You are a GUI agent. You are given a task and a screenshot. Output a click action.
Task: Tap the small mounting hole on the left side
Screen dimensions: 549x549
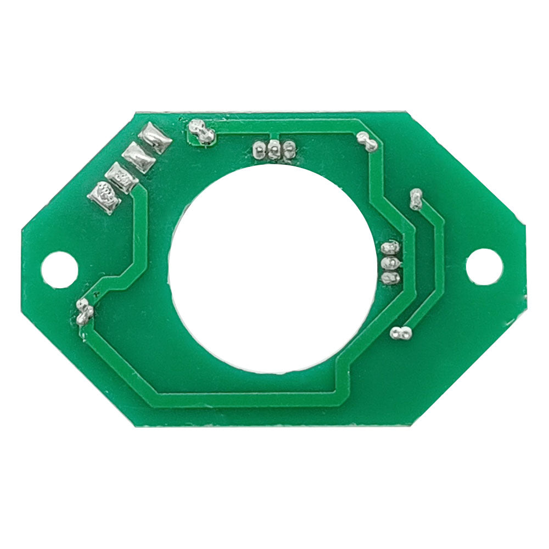click(59, 269)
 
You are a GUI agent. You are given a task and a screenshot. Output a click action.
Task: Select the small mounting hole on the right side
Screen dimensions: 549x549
click(484, 267)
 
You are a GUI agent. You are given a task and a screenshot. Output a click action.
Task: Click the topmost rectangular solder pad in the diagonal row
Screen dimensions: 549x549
click(155, 137)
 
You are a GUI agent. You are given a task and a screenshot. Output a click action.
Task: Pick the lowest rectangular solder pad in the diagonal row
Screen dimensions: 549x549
click(104, 196)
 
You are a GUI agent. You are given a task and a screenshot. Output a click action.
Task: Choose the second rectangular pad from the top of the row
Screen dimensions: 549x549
click(138, 157)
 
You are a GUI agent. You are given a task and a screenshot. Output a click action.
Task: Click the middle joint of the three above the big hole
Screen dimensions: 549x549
click(273, 148)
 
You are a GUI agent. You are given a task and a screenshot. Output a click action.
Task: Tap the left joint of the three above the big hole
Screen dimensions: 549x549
click(260, 148)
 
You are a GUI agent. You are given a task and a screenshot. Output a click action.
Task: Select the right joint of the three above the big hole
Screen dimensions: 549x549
click(288, 147)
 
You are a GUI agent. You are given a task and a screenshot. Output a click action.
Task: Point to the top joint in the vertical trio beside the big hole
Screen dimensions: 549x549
click(390, 248)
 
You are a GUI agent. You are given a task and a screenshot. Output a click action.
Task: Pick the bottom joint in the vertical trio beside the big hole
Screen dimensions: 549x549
click(390, 278)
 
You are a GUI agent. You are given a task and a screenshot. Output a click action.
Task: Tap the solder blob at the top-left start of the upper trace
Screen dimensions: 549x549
click(201, 132)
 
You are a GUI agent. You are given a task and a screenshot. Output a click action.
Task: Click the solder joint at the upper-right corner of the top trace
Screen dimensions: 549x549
click(367, 142)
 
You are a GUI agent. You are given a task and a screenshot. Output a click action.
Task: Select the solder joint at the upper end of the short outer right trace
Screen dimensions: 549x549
click(416, 199)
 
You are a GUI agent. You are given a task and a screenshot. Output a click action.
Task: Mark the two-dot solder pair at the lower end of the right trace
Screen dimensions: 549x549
click(400, 333)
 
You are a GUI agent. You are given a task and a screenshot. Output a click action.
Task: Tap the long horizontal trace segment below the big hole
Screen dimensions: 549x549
click(247, 399)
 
